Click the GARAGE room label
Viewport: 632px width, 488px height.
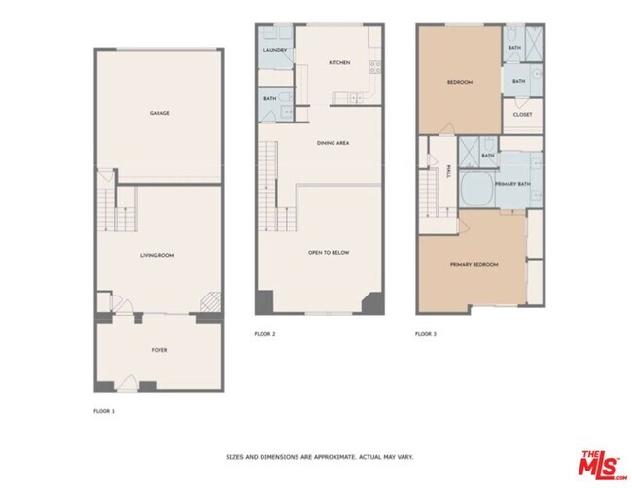(x=159, y=113)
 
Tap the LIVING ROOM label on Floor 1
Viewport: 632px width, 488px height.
(x=159, y=255)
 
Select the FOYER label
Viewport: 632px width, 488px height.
(x=159, y=349)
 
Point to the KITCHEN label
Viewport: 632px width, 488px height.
(x=339, y=62)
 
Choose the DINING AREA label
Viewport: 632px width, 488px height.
(x=334, y=143)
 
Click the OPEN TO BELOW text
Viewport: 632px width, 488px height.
(x=329, y=253)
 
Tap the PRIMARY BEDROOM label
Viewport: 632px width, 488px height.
(x=474, y=264)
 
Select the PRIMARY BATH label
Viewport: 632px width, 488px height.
(x=511, y=184)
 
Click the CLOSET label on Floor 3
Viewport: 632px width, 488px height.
(x=523, y=115)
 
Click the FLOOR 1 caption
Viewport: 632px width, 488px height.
(x=103, y=412)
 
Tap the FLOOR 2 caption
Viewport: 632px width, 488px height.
(x=265, y=333)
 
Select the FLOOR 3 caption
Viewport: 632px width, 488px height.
(x=426, y=333)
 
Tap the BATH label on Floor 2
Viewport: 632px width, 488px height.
(x=268, y=99)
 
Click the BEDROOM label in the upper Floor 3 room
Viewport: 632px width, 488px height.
(x=459, y=82)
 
